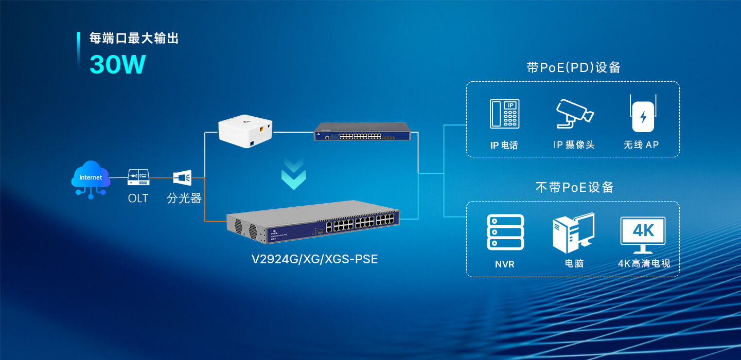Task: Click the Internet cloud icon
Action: coord(91,177)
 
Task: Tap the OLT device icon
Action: coord(138,178)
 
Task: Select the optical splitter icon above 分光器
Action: coord(182,178)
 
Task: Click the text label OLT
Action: coord(138,198)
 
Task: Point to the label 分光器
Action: coord(184,198)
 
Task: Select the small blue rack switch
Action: coord(363,132)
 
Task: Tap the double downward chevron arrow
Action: coord(294,174)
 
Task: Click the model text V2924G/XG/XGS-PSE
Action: coord(314,259)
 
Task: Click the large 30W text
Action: coord(118,64)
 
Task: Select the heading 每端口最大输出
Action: coord(134,39)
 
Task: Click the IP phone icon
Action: coord(504,114)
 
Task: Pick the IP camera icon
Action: coord(574,113)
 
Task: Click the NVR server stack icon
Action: coord(505,232)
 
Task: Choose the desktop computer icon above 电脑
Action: coord(574,233)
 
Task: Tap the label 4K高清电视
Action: coord(644,264)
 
